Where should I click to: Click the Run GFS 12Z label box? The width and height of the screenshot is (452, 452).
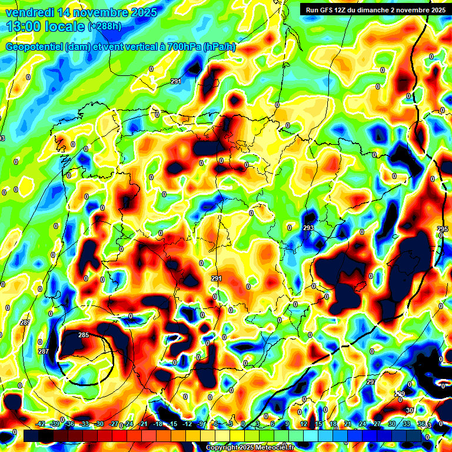375,9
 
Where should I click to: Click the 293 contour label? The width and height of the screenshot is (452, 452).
308,228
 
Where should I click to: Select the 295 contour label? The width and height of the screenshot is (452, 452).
443,229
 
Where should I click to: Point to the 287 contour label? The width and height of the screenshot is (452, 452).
44,351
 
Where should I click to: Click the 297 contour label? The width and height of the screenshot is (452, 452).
371,383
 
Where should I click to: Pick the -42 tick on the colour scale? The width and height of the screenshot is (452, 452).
41,424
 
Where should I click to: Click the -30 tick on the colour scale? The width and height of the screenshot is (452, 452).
99,424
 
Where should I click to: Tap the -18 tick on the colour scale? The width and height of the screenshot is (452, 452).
157,424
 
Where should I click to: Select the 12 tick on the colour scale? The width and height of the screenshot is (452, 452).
303,424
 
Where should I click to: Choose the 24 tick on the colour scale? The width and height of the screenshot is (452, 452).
362,424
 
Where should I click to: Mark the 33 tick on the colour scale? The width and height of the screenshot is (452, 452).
406,424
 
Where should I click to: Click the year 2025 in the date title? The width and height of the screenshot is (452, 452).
142,12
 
